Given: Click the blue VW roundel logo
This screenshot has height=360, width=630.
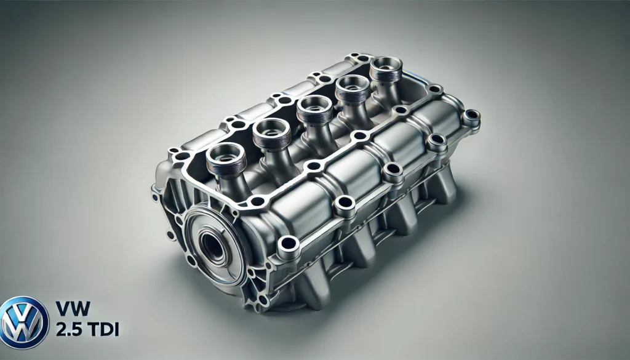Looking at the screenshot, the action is tap(24, 322).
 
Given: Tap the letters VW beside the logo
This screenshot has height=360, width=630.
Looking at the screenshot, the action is tap(73, 308).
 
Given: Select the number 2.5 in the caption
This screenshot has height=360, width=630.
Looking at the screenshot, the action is tap(69, 329).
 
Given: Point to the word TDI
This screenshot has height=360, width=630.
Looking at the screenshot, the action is tap(103, 329).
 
